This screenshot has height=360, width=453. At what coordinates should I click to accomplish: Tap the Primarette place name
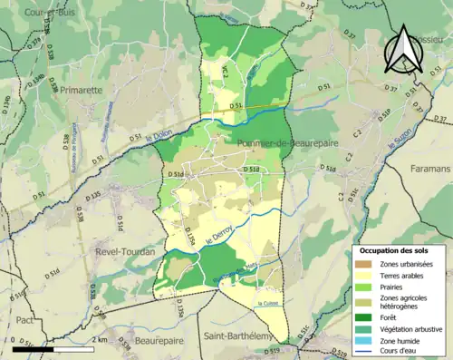point(82,91)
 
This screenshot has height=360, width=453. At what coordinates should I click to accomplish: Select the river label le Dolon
point(159,138)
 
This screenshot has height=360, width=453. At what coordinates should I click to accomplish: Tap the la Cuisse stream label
point(268,303)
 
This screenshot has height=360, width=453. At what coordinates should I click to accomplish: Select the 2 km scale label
point(101,339)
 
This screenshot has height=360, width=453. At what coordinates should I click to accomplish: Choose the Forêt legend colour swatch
point(368,317)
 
